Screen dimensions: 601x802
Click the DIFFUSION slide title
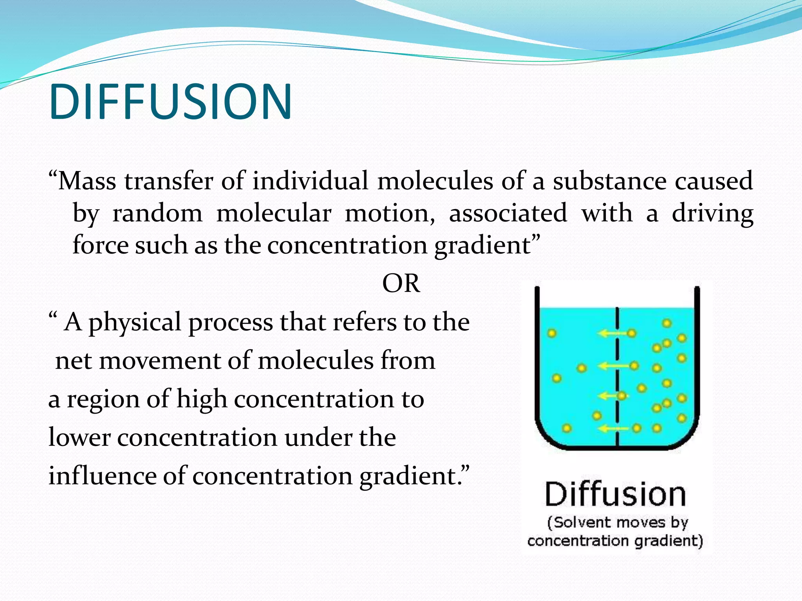point(170,102)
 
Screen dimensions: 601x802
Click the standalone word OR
point(401,283)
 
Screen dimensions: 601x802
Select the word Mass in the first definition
point(87,181)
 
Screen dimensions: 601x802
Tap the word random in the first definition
point(157,214)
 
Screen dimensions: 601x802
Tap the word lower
point(79,437)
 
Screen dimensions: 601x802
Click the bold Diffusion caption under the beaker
point(615,495)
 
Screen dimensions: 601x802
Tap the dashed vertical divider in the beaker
point(618,376)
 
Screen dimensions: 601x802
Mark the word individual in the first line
point(310,181)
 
